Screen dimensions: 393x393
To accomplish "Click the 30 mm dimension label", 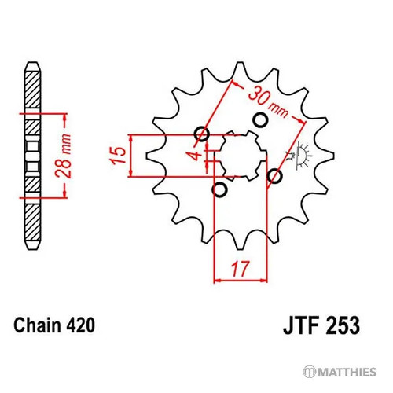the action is pyautogui.click(x=268, y=102).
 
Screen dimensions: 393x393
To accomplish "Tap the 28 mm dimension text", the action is pyautogui.click(x=64, y=156).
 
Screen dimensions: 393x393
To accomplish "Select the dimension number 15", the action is pyautogui.click(x=119, y=156).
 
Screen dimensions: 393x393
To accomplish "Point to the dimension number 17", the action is pyautogui.click(x=240, y=269).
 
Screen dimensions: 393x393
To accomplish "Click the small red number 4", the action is pyautogui.click(x=196, y=155).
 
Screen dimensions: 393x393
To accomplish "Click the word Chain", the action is pyautogui.click(x=37, y=325).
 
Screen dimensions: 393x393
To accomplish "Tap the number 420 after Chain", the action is pyautogui.click(x=80, y=325).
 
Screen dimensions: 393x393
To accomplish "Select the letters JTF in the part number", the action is pyautogui.click(x=302, y=325).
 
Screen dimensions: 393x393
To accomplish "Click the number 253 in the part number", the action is pyautogui.click(x=343, y=325).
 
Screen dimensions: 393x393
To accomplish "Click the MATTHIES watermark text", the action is pyautogui.click(x=347, y=372).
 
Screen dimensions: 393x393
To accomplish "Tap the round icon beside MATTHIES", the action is pyautogui.click(x=309, y=372).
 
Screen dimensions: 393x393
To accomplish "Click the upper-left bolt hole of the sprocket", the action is pyautogui.click(x=202, y=134).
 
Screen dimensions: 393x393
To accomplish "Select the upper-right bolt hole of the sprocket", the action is pyautogui.click(x=260, y=120).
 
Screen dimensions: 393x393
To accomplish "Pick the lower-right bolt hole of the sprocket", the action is pyautogui.click(x=274, y=176).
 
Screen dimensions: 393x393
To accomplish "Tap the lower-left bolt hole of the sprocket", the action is pyautogui.click(x=219, y=189).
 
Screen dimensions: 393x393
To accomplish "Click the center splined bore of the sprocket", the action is pyautogui.click(x=241, y=156).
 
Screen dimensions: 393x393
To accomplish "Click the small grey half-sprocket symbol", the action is pyautogui.click(x=300, y=156).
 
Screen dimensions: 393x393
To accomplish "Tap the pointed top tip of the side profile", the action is pyautogui.click(x=33, y=62).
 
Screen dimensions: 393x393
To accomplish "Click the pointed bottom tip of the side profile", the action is pyautogui.click(x=33, y=249).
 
